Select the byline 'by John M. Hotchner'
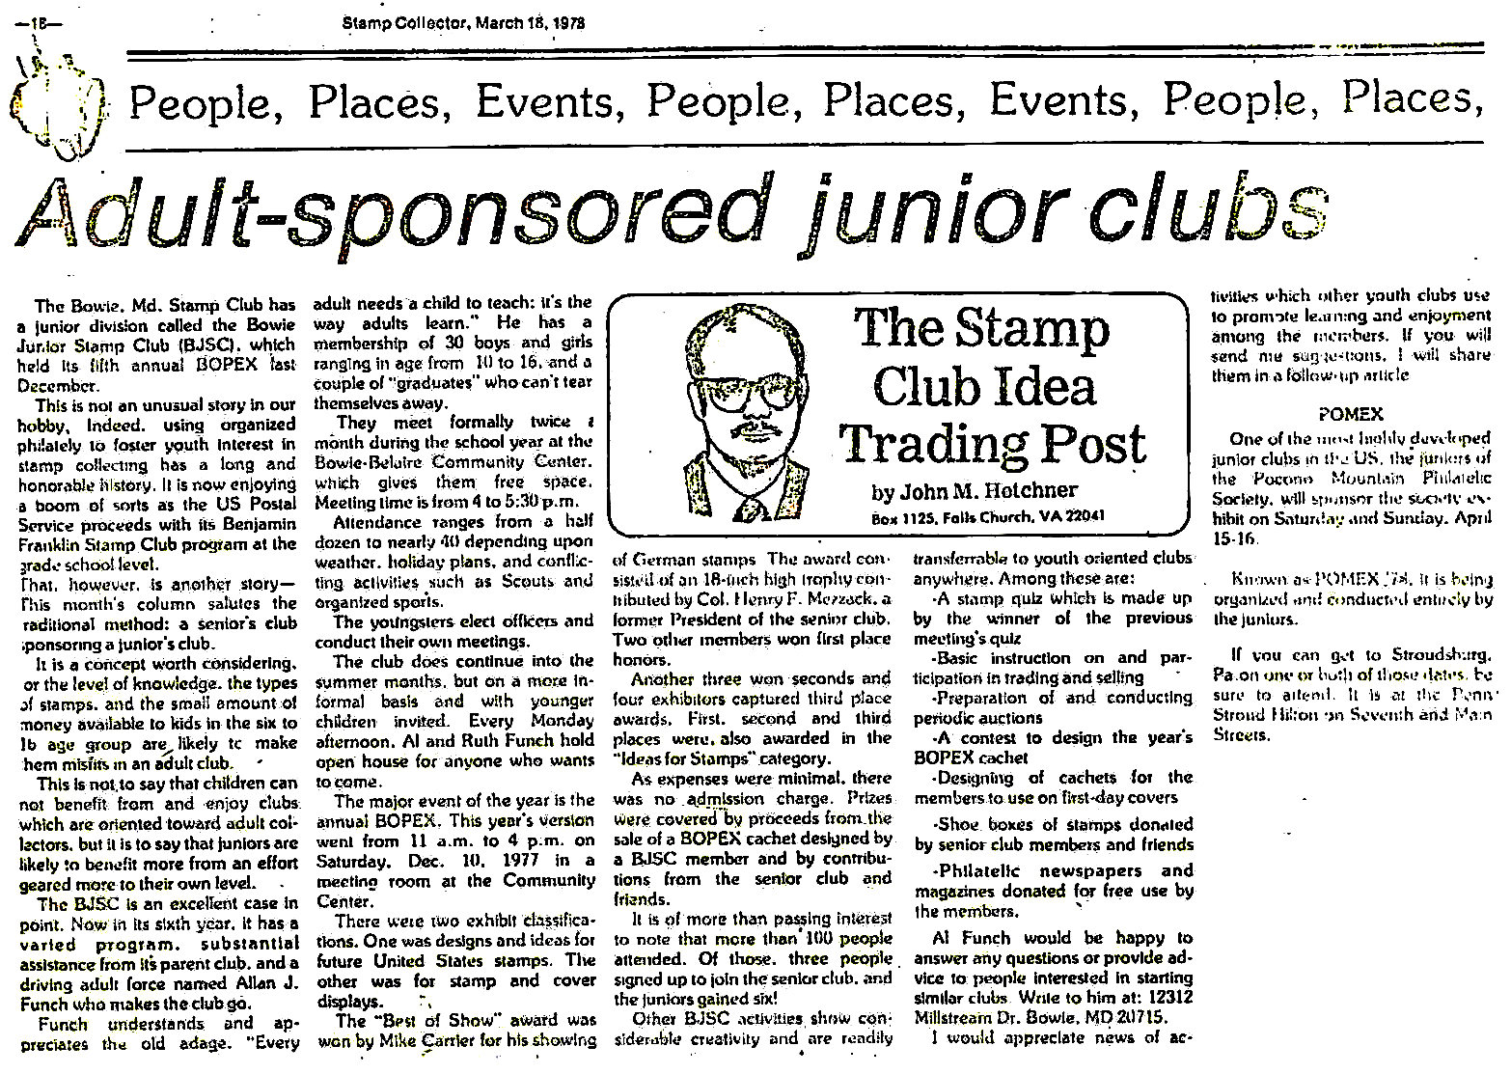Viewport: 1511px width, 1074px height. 975,491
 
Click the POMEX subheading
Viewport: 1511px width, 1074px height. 1350,415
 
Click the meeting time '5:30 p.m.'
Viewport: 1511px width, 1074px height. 543,501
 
